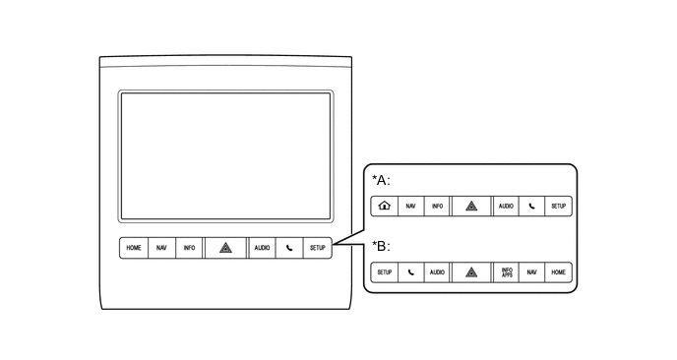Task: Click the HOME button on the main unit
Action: click(133, 248)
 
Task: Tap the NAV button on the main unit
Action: click(161, 248)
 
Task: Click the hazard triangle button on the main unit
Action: click(225, 248)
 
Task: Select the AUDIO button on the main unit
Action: click(262, 248)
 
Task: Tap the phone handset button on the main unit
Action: click(289, 248)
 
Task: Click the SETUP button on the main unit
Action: click(317, 248)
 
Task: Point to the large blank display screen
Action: click(225, 154)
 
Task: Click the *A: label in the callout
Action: click(381, 181)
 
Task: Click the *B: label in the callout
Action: click(381, 246)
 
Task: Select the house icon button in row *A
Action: click(384, 207)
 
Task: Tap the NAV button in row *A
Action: click(410, 207)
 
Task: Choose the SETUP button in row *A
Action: click(559, 207)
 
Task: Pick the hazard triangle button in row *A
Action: click(471, 207)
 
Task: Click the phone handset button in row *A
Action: click(532, 207)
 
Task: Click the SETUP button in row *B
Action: click(384, 270)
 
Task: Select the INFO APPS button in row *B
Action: click(507, 270)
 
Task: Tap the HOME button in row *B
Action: click(559, 270)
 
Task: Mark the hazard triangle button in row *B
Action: click(471, 270)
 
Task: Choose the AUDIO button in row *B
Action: click(436, 270)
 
